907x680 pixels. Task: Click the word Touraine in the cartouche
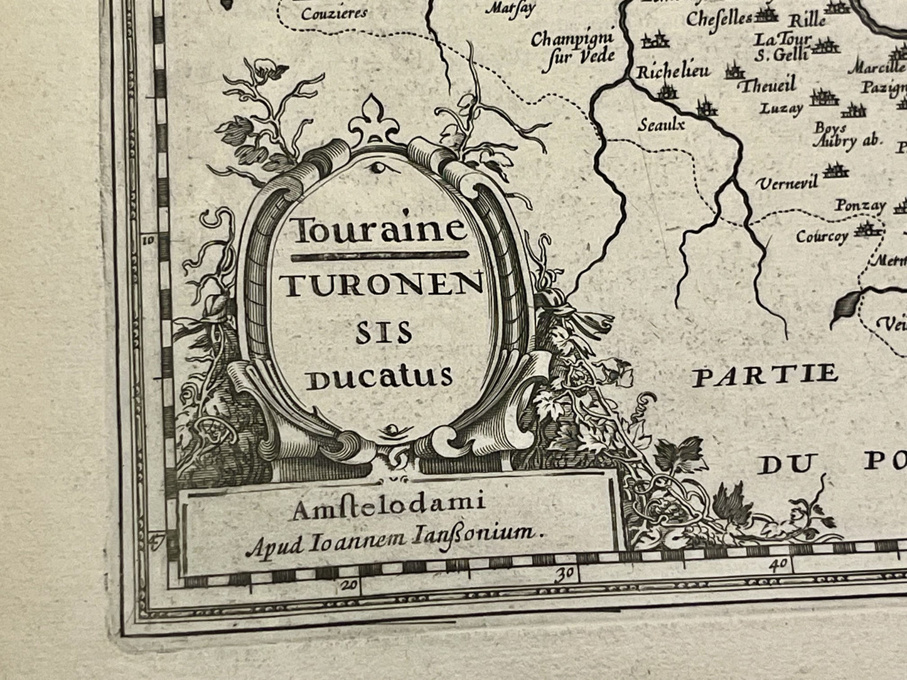380,231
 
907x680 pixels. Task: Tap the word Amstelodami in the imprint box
386,507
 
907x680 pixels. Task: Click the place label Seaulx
660,124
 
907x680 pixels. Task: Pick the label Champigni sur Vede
571,49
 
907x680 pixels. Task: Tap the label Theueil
768,85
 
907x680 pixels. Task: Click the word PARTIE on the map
765,375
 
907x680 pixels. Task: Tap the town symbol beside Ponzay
901,205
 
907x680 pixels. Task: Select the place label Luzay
781,109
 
